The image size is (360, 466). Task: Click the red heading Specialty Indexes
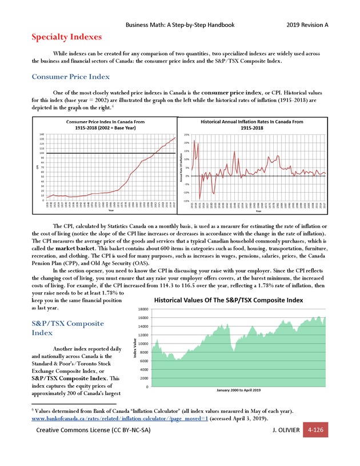click(x=66, y=37)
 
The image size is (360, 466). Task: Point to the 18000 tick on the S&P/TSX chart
click(x=143, y=309)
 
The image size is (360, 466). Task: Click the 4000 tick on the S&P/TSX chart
click(x=144, y=369)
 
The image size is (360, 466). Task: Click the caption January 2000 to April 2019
click(x=230, y=391)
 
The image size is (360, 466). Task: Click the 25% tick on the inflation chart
click(x=187, y=135)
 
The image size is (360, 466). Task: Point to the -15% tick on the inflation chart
click(x=186, y=201)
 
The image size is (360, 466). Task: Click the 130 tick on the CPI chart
click(x=42, y=140)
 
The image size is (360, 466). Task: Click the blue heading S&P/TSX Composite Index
click(x=68, y=328)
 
